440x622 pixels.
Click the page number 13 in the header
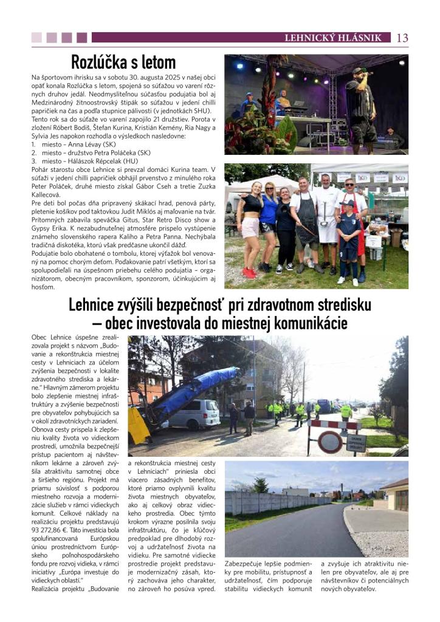coord(402,38)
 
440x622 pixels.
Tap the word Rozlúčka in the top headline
coord(97,62)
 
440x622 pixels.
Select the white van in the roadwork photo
coord(194,413)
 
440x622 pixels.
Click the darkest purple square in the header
coord(81,38)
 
